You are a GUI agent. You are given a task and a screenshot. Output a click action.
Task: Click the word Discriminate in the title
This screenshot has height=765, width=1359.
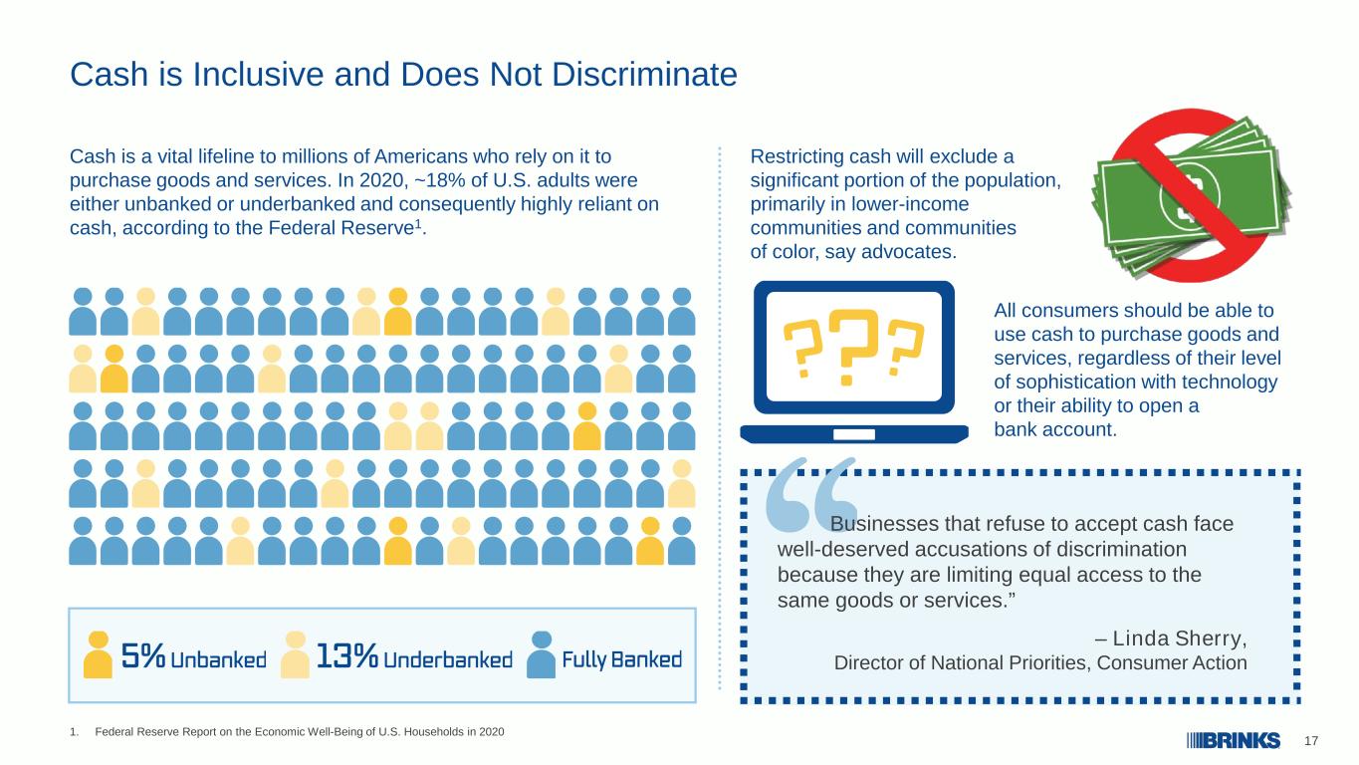(x=644, y=75)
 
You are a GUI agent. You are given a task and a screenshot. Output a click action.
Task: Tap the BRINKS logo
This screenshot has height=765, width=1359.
(x=1234, y=740)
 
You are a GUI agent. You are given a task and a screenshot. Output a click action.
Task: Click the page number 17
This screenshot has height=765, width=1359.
(x=1311, y=741)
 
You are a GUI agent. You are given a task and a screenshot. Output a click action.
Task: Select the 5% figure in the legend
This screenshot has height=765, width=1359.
(x=143, y=655)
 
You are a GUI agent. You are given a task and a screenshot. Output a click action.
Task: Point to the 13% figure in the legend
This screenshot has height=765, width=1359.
(x=347, y=655)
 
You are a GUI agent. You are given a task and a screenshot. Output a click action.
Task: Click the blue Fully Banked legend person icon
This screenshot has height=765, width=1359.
(x=542, y=654)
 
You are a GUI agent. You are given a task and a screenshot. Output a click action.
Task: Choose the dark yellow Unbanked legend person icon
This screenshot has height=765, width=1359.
(x=99, y=654)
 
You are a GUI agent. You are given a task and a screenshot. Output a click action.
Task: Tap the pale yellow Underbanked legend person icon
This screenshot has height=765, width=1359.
(x=296, y=654)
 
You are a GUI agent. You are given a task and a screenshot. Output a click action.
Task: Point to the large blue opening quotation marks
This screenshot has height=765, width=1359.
(x=810, y=495)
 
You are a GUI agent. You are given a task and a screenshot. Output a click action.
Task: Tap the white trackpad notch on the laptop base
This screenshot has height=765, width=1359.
(x=854, y=434)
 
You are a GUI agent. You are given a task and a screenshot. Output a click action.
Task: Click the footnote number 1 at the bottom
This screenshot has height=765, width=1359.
(x=74, y=732)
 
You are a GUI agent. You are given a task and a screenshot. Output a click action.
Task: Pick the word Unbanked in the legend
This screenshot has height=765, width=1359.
(x=218, y=659)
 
